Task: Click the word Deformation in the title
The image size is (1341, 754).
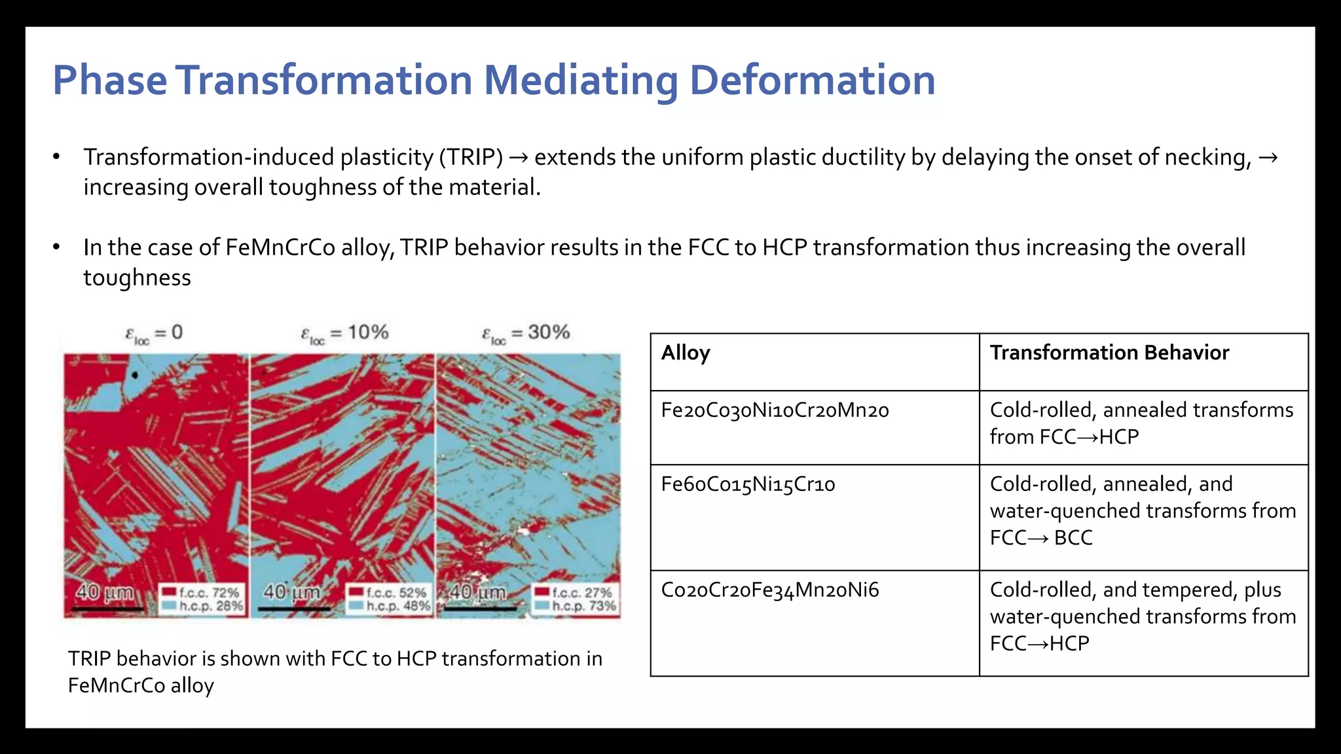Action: (x=812, y=80)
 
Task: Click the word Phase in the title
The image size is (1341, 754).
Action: (x=109, y=80)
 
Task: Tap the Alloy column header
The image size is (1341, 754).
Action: (x=685, y=353)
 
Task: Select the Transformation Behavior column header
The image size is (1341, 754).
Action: (x=1109, y=353)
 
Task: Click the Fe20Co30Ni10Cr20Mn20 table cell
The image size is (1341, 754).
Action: (x=775, y=410)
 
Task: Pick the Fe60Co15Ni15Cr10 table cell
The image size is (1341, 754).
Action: (x=748, y=484)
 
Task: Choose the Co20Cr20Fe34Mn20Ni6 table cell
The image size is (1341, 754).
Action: (x=770, y=590)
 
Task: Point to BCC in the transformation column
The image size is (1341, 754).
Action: (x=1073, y=537)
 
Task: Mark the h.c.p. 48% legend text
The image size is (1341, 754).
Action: (x=397, y=606)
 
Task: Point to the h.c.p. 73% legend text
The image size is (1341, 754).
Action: (x=583, y=606)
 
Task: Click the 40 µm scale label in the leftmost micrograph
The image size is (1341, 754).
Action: (x=105, y=592)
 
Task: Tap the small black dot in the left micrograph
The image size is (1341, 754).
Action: (x=135, y=375)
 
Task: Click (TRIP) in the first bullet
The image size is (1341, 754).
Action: (x=471, y=157)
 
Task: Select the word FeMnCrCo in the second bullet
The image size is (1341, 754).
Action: (x=280, y=247)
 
